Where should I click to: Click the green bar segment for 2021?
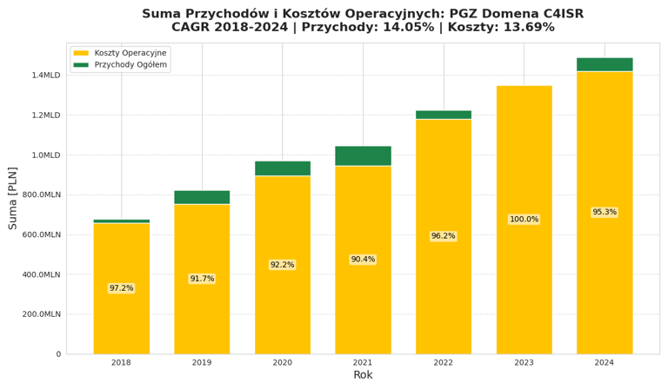(363, 155)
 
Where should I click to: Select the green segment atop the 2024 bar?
(605, 64)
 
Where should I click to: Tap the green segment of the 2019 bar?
(202, 197)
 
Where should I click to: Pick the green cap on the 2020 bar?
(283, 168)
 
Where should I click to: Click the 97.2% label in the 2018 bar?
(121, 288)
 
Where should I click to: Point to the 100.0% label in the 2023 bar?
(524, 220)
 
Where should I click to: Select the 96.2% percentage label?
(444, 236)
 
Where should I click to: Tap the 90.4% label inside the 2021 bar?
(363, 260)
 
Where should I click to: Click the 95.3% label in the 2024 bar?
(605, 213)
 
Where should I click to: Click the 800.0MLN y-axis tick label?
(41, 195)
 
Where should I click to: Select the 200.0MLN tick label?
(41, 314)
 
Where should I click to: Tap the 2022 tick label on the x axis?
(444, 363)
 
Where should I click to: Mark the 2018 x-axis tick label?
(121, 363)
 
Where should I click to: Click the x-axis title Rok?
(363, 376)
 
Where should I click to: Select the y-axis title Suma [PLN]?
(13, 198)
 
